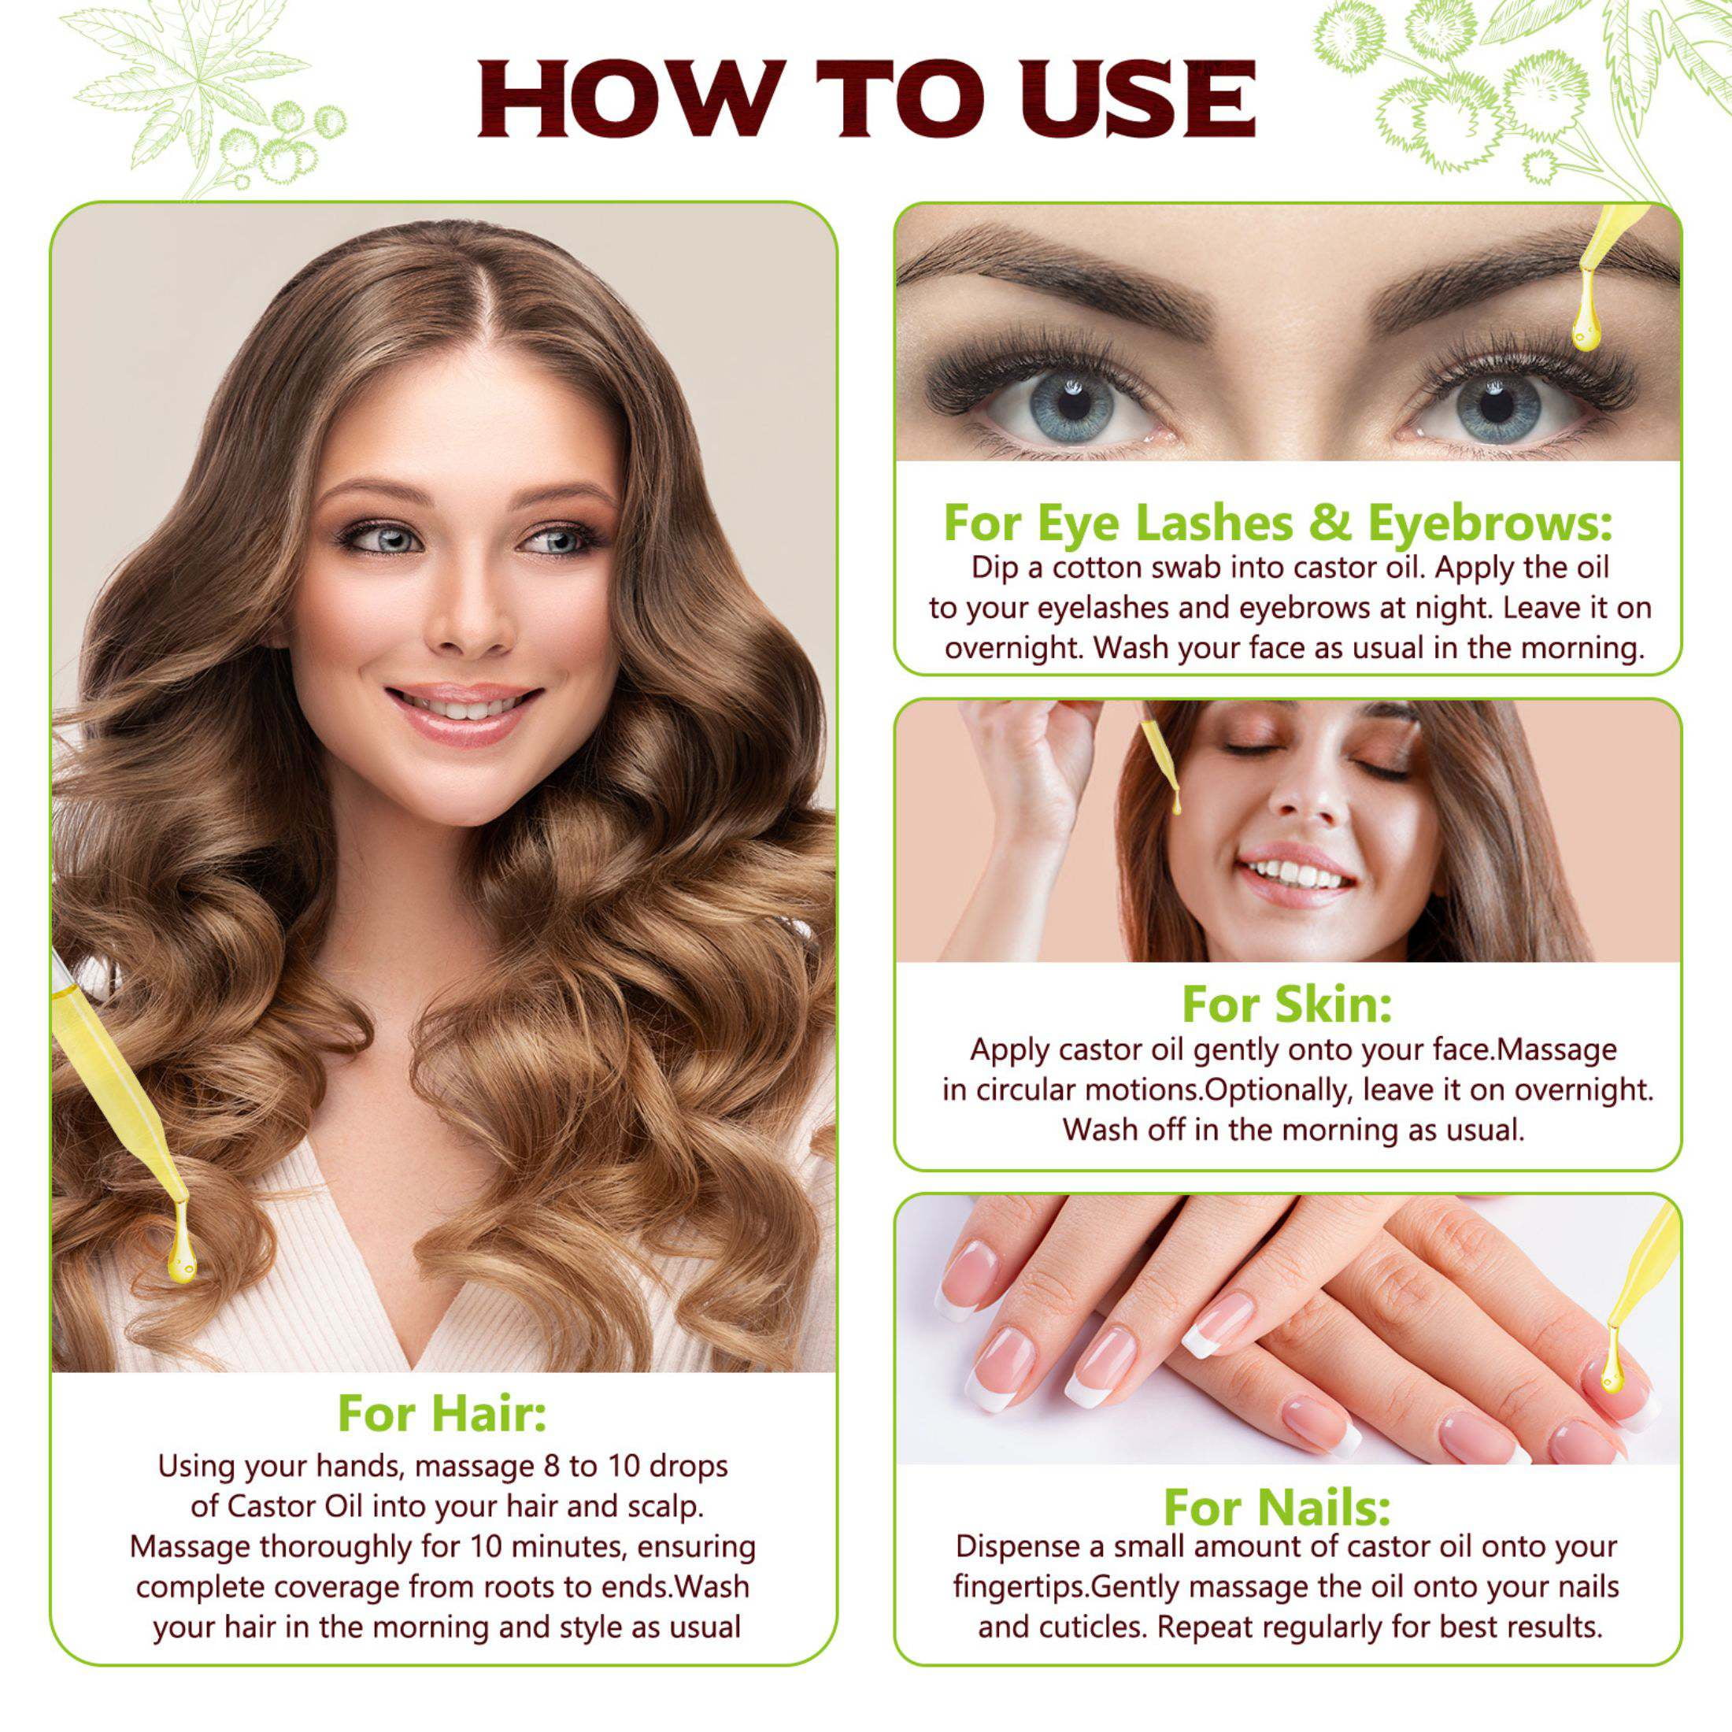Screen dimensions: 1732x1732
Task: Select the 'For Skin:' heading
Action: tap(1287, 1001)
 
